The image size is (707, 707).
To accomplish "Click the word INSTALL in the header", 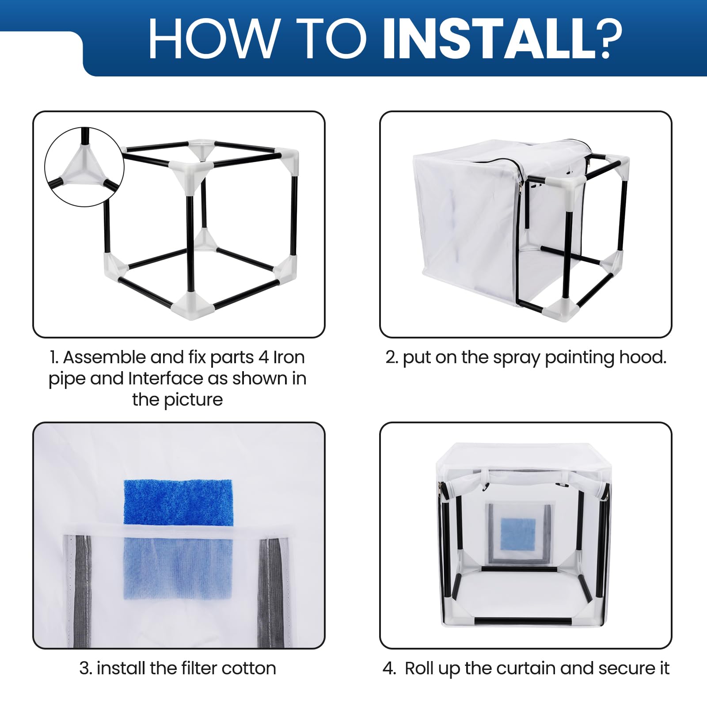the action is point(489,38).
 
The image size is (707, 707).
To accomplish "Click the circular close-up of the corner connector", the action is point(84,167).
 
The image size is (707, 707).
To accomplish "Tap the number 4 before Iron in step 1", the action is point(263,357).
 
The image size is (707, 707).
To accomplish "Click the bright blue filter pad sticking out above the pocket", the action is point(178,503).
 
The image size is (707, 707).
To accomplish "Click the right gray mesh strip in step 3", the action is point(271,592).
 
